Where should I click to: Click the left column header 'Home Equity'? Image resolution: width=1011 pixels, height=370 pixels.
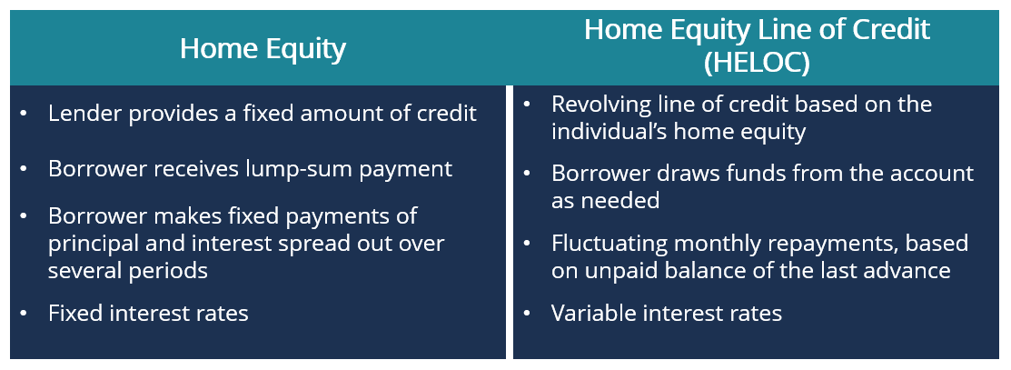point(263,48)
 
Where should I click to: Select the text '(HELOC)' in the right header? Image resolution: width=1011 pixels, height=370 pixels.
point(757,64)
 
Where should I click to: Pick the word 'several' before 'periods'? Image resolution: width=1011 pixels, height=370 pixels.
point(84,271)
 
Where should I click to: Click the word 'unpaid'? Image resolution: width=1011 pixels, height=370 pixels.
point(626,270)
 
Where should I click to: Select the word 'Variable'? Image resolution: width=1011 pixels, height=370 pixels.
point(591,314)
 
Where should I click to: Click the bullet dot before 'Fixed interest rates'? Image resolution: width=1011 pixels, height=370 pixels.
point(24,314)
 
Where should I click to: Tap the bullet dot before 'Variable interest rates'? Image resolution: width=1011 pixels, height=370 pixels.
point(527,314)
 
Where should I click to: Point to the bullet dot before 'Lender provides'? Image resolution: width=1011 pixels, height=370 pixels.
point(24,114)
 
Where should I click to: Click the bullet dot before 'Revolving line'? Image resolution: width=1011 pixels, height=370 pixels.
point(527,104)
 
